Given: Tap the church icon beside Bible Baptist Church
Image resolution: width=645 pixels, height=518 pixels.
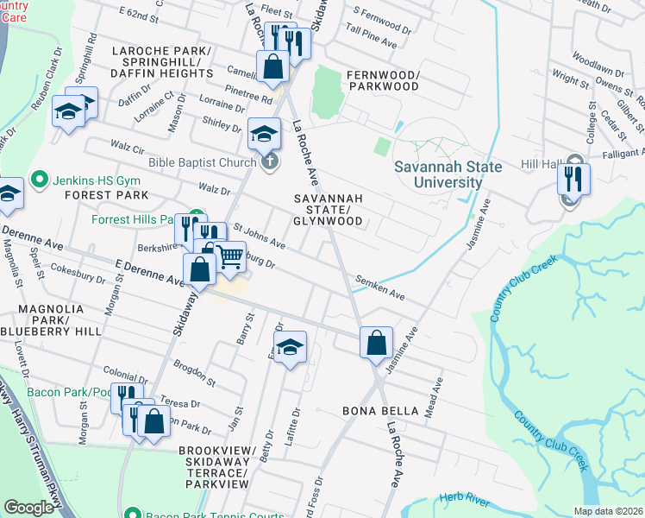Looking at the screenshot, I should point(269,161).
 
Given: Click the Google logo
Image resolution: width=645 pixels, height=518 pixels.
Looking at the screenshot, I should point(29,508).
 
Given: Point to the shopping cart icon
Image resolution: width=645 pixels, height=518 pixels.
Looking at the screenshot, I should point(229,256).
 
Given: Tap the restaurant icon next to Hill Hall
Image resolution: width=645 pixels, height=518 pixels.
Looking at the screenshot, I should point(573,178).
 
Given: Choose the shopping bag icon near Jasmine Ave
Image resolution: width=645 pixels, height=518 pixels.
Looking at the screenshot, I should point(376,343).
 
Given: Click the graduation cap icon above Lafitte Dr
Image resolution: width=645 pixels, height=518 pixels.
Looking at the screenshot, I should point(291,347).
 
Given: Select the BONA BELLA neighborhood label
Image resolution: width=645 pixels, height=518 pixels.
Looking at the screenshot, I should point(380,410).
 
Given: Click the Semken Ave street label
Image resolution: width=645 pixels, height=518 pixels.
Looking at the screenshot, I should point(379,288).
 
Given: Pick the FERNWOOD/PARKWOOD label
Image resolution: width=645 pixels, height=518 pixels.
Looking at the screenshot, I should point(383,81).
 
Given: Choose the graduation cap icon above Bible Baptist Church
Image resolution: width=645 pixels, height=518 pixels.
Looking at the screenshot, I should point(265,133).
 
